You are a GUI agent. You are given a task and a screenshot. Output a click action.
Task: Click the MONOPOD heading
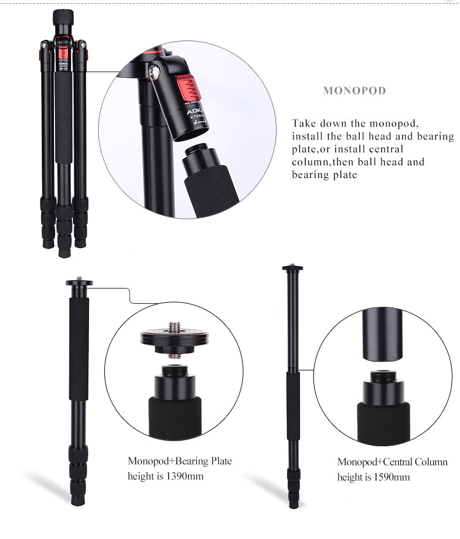[355, 91]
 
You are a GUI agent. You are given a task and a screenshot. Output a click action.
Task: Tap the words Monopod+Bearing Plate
[180, 461]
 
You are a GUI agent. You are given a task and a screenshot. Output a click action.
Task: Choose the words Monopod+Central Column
[392, 462]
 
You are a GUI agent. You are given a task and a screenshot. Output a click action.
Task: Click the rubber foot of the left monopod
[78, 500]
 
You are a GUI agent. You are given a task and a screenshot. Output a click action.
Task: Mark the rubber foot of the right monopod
[295, 503]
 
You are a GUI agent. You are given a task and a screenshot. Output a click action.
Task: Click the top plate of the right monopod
[293, 268]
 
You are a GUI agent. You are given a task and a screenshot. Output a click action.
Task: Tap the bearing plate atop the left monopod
[79, 282]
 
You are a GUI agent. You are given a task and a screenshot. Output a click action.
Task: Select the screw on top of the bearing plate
[174, 324]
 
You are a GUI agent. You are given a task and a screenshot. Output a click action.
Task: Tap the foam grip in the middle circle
[174, 417]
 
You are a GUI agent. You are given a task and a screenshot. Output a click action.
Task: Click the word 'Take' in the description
[304, 123]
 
